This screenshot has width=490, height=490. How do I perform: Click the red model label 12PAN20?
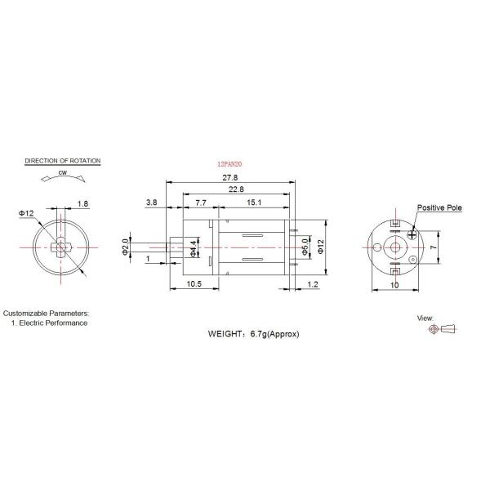(231, 164)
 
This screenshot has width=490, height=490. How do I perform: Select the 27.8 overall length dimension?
(231, 177)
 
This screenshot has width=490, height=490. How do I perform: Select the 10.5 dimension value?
(194, 283)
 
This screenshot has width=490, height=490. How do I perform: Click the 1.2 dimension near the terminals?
(314, 283)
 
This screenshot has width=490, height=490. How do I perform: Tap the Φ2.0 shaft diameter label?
(125, 247)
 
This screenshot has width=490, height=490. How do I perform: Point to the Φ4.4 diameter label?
(194, 248)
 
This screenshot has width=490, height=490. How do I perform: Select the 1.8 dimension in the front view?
(83, 203)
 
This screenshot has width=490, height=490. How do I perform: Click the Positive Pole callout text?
(439, 208)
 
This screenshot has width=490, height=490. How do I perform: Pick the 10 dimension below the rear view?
(394, 284)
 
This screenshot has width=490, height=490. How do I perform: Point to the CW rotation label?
(63, 174)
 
